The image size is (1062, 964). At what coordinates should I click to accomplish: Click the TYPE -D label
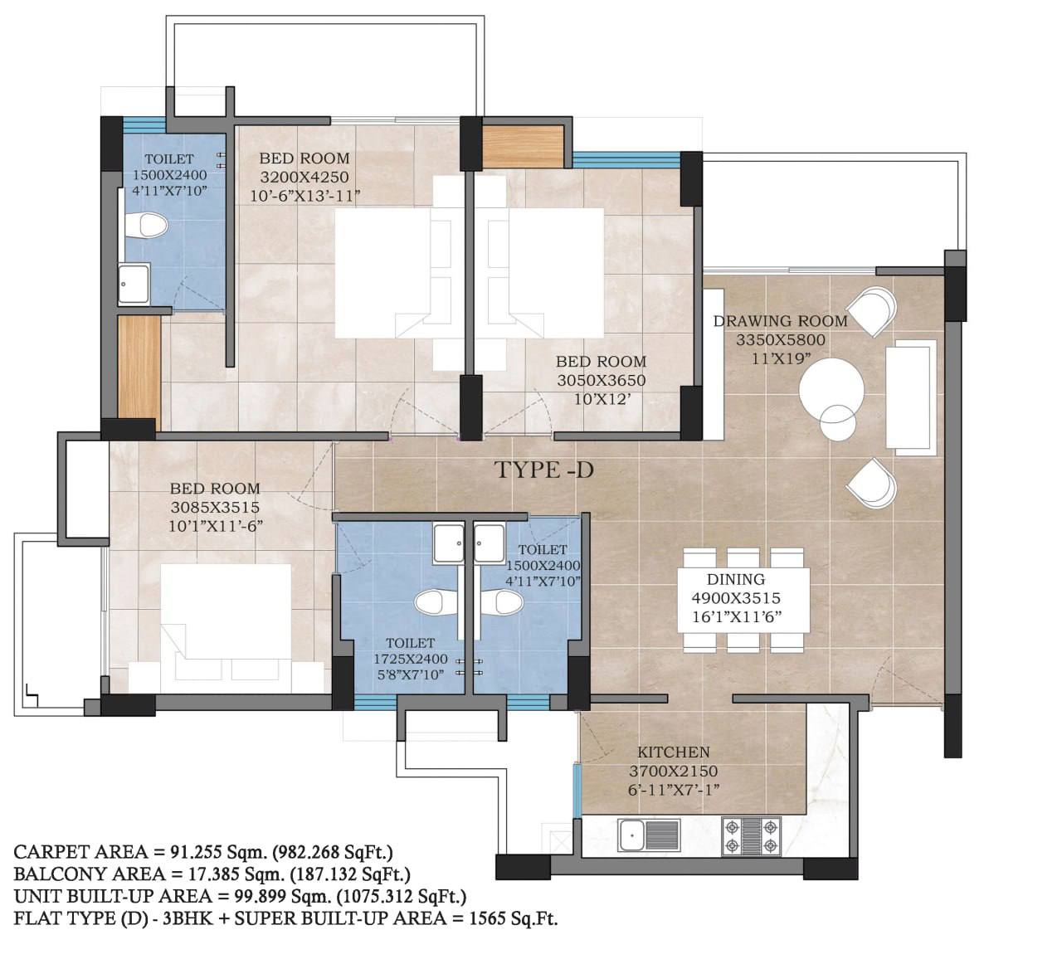(543, 470)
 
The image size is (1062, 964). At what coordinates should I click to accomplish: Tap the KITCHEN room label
(674, 752)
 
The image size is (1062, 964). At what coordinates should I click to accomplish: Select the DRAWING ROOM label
(781, 321)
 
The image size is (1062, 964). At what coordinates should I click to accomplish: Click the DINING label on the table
(736, 579)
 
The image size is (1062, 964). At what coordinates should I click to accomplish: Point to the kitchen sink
(649, 836)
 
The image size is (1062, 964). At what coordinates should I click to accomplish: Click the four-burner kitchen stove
(751, 836)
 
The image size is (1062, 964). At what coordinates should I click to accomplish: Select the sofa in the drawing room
(911, 397)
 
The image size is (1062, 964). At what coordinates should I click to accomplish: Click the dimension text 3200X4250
(304, 177)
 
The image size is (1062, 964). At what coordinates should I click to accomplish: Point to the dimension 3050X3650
(602, 380)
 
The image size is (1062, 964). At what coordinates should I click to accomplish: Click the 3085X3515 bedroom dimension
(215, 507)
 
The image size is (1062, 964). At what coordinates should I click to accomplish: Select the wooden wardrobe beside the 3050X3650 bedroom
(523, 145)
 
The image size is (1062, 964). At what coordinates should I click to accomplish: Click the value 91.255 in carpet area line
(195, 852)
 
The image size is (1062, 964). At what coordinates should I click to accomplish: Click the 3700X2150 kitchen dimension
(674, 771)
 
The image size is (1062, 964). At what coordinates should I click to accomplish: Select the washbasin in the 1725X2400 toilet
(449, 543)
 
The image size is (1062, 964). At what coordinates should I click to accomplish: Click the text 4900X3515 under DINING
(736, 598)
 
